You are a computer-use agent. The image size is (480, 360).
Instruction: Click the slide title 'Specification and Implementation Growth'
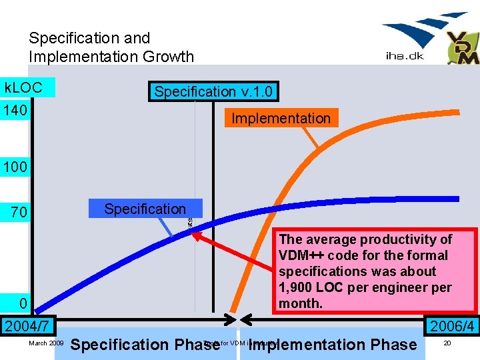pos(111,47)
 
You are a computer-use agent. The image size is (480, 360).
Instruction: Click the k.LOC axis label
pos(24,87)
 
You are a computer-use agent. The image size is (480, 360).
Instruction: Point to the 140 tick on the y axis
pos(15,109)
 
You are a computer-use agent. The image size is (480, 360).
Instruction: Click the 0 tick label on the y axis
pos(23,303)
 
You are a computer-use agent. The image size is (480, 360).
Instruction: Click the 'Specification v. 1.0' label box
pos(213,91)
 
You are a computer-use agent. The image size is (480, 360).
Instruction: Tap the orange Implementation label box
pos(281,118)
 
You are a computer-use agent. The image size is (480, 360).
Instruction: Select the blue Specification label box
pos(145,209)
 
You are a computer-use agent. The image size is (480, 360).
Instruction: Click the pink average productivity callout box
pos(376,271)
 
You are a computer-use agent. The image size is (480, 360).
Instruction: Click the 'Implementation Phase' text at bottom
pos(332,345)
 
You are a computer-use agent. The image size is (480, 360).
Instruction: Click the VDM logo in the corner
pos(463,47)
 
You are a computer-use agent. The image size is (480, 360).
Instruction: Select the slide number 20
pos(447,343)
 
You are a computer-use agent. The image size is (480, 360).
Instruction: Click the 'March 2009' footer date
pos(46,343)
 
